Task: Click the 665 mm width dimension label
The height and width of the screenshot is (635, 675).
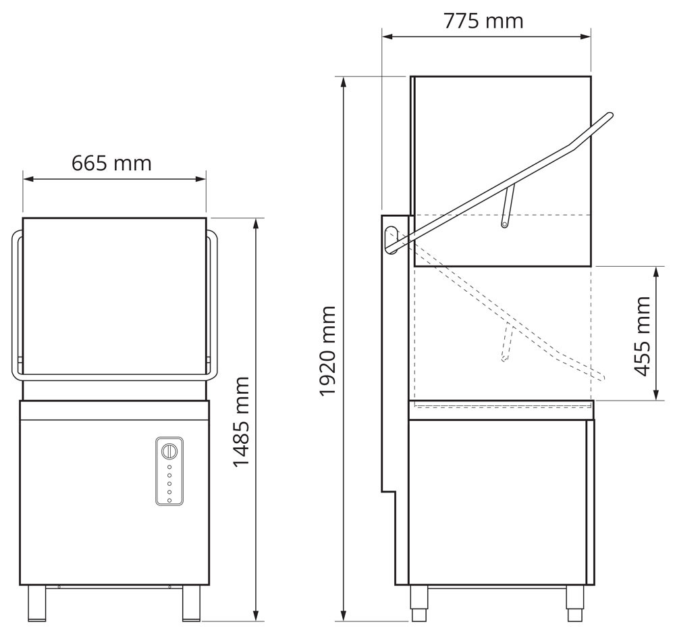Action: tap(111, 163)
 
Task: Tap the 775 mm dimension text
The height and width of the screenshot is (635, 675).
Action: tap(483, 21)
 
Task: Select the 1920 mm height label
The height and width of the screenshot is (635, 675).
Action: tap(328, 350)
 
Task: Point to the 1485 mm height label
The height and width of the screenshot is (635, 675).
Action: tap(242, 422)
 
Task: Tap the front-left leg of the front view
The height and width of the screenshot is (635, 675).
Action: tap(36, 603)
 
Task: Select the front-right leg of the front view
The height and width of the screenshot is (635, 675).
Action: tap(192, 603)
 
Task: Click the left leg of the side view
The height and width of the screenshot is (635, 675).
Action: tap(419, 603)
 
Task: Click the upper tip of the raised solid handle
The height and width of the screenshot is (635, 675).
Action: tap(610, 116)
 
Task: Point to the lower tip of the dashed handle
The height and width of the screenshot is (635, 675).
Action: tap(603, 377)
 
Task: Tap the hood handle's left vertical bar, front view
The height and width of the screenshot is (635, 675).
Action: tap(15, 304)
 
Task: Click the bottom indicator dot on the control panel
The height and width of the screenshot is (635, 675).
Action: tap(169, 501)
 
